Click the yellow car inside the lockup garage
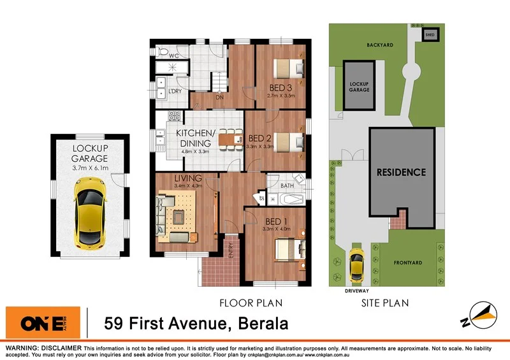coord(89,212)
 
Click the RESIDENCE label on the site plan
coord(400,172)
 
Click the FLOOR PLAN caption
coord(251,303)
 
